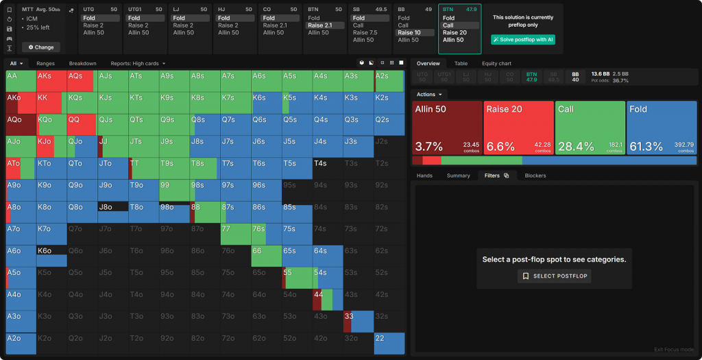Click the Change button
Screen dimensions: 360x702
[x=40, y=47]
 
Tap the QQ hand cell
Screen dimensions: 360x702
[x=82, y=123]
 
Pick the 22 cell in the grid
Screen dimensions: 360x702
[x=388, y=343]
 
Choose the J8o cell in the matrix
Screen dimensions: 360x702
[x=112, y=211]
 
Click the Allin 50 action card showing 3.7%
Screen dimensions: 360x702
[x=447, y=128]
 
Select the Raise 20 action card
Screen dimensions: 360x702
[x=518, y=128]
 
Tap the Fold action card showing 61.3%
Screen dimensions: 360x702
[x=661, y=128]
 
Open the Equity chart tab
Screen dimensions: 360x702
[x=496, y=64]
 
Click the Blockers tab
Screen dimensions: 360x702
[x=535, y=176]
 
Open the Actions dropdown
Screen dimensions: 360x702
[x=429, y=94]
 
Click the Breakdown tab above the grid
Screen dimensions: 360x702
[x=82, y=64]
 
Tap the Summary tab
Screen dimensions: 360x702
[x=458, y=176]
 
